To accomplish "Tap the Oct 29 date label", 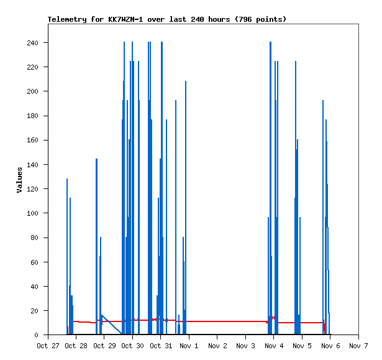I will click(x=104, y=346).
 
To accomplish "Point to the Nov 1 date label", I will click(x=189, y=346).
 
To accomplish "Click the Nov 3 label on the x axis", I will click(x=245, y=346).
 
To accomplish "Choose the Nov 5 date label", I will click(x=302, y=346).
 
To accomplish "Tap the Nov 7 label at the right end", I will click(x=358, y=346).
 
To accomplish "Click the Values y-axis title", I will click(x=20, y=180).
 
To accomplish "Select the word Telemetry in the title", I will click(x=67, y=19).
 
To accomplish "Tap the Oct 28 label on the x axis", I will click(x=76, y=346).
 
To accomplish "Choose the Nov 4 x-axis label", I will click(x=273, y=346).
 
